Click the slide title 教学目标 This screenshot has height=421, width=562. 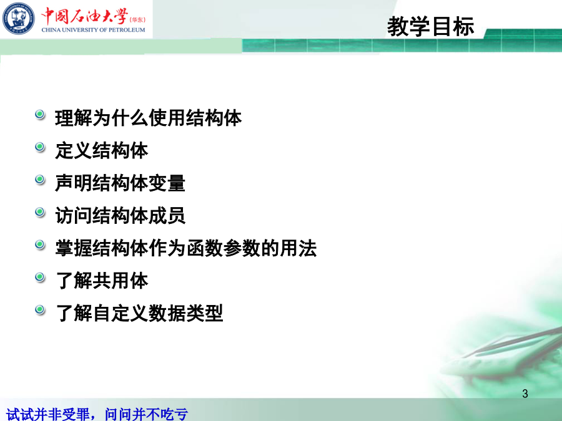click(430, 26)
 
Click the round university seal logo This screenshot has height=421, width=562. click(19, 19)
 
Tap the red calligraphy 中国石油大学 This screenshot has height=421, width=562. click(84, 16)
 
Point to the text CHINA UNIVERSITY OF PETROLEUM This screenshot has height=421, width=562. click(93, 30)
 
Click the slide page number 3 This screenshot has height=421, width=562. click(525, 394)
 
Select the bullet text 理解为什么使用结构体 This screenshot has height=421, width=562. click(149, 118)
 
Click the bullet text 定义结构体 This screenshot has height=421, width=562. click(102, 150)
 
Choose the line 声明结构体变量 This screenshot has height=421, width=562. click(121, 183)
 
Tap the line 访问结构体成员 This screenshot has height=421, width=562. click(121, 216)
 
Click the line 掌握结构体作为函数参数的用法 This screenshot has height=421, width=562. click(186, 248)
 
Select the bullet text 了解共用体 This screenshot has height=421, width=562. click(102, 281)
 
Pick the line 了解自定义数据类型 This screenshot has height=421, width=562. click(139, 313)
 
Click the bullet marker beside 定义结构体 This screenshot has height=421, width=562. click(40, 147)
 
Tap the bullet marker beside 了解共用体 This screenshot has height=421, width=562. click(40, 278)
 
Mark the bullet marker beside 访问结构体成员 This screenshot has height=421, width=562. click(40, 212)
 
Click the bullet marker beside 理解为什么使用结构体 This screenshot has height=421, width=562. click(40, 115)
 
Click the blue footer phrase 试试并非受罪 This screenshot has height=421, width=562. click(47, 415)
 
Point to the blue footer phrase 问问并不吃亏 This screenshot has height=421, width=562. click(146, 415)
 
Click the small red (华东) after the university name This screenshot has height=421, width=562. click(137, 20)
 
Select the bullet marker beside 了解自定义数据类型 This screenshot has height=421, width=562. click(40, 310)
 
